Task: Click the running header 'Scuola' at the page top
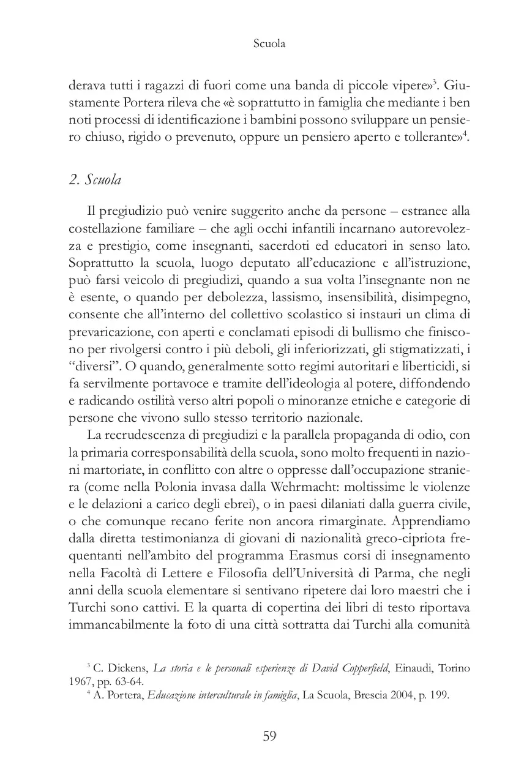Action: pos(269,44)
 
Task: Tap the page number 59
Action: pos(269,736)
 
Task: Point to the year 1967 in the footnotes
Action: pos(80,681)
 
